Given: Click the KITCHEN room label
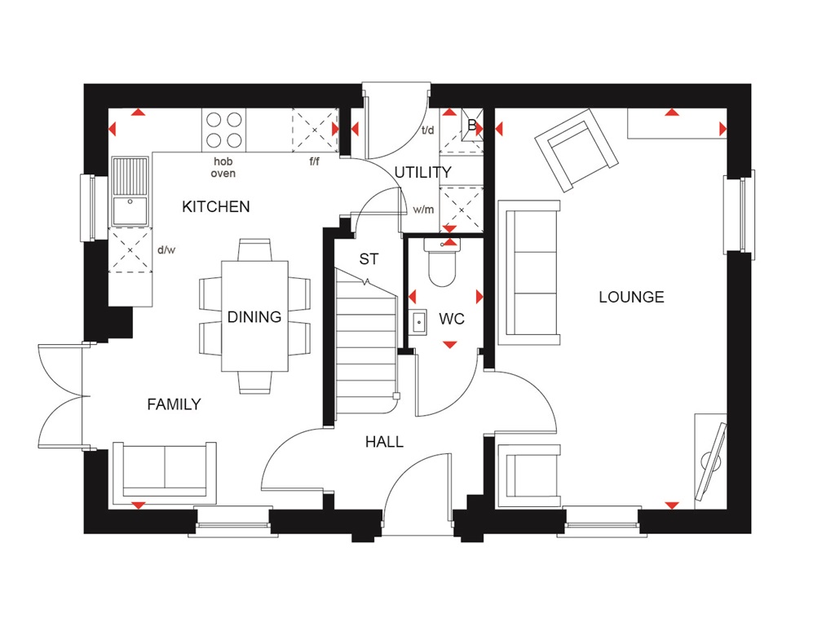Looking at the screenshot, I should tap(215, 207).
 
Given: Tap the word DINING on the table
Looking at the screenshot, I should tap(254, 317).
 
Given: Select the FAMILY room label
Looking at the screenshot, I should tap(174, 404).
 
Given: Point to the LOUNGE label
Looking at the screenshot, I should tap(631, 298).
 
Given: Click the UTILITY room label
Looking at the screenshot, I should tap(422, 172).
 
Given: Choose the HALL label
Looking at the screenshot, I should tap(384, 442).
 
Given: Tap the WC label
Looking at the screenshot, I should tap(451, 319).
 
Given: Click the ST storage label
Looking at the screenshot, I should tap(369, 259).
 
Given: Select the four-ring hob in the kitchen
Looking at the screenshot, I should tap(223, 129).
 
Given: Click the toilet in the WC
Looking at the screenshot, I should tap(443, 264).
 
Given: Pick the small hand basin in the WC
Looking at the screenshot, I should tap(419, 320).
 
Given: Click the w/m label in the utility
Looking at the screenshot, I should tap(423, 210).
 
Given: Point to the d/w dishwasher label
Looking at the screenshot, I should tap(166, 250).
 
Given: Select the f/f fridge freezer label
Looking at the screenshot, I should tap(314, 161).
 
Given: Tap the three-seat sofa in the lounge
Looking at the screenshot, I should tap(532, 269).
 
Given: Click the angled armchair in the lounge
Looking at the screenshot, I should tap(575, 152).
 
